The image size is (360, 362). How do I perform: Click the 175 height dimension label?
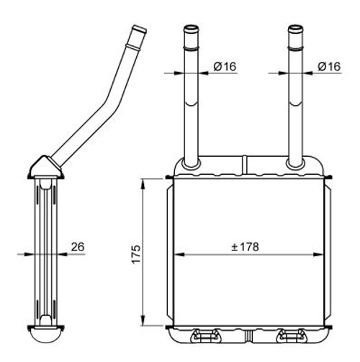(x=136, y=254)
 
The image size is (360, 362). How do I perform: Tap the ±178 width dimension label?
(x=245, y=247)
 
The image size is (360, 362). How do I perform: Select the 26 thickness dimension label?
(x=78, y=247)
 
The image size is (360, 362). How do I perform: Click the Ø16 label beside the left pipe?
(x=225, y=66)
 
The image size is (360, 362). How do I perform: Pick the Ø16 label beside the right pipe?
(x=329, y=66)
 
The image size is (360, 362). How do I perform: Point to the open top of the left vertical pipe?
(x=192, y=29)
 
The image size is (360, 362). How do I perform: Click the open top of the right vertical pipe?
(x=296, y=29)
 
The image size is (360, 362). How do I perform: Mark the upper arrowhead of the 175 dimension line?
(x=143, y=184)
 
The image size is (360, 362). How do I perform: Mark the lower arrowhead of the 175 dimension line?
(x=143, y=321)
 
